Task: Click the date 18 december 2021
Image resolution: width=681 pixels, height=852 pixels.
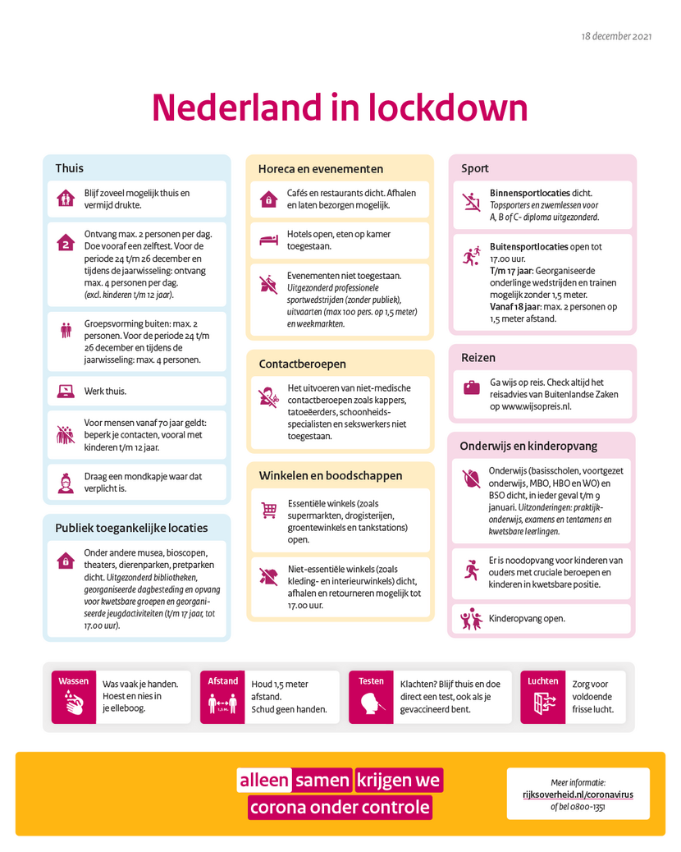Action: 616,37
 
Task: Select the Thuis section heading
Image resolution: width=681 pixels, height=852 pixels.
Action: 69,168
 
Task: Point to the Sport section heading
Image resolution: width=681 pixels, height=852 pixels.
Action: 475,168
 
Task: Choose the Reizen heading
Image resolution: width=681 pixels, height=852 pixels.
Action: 478,358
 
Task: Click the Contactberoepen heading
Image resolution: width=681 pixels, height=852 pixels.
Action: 302,364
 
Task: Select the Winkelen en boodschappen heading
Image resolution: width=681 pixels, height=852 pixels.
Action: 331,475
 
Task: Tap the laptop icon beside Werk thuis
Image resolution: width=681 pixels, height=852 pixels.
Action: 65,392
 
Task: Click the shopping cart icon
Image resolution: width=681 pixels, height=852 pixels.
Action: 268,511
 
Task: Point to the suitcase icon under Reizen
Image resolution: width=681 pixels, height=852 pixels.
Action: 471,387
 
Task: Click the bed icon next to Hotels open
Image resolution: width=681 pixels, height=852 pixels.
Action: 268,240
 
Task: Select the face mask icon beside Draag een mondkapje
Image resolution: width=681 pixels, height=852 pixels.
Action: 65,482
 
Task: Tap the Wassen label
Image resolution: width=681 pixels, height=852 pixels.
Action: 73,680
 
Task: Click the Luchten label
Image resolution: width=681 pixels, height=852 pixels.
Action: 542,680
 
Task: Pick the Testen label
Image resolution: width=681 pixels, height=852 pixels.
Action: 371,680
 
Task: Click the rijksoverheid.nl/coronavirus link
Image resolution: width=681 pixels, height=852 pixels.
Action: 578,795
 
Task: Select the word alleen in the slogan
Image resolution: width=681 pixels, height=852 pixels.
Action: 264,780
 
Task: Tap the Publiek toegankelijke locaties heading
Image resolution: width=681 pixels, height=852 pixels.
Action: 131,528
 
